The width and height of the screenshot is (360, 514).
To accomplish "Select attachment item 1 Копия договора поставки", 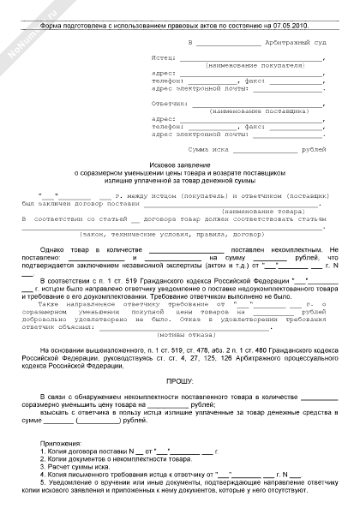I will click(94, 451).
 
